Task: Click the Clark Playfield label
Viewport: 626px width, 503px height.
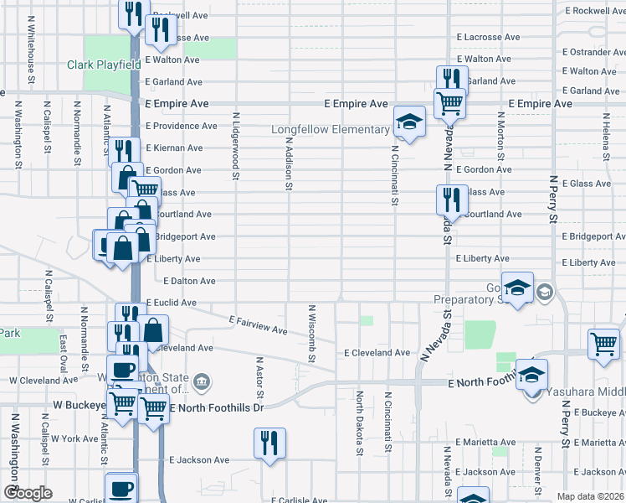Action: [104, 65]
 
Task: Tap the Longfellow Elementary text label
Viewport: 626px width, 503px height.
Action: [331, 130]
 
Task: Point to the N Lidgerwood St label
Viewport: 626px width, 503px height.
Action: [237, 147]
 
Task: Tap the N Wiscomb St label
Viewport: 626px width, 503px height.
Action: [311, 334]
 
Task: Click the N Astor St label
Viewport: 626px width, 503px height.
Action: [259, 377]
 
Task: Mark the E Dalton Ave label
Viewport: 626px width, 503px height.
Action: [190, 281]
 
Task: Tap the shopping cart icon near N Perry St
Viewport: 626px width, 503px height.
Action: [604, 345]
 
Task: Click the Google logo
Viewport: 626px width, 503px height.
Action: [28, 493]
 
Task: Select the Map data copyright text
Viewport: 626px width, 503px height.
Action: [589, 496]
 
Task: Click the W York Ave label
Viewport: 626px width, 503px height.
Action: [74, 438]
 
